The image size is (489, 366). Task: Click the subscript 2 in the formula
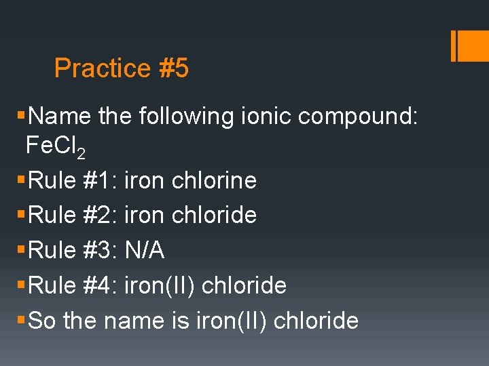coord(81,155)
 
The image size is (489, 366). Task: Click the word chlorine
coord(215,180)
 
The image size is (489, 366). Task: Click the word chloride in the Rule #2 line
coord(215,216)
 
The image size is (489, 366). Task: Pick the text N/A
coord(144,251)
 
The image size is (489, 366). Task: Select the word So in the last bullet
coord(43,321)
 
